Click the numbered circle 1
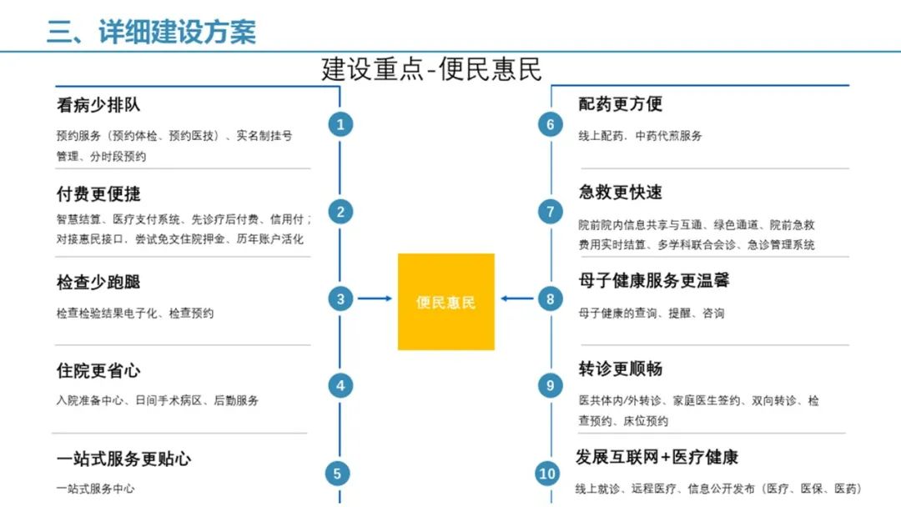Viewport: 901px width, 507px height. click(x=340, y=125)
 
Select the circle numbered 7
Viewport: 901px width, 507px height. click(x=550, y=212)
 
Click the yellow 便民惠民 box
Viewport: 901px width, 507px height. click(x=445, y=302)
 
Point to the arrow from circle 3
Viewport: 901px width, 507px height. click(x=375, y=299)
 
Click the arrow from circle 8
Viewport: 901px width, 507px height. click(x=517, y=299)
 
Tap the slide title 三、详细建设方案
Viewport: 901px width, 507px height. click(x=151, y=32)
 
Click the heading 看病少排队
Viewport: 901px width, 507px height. click(x=98, y=106)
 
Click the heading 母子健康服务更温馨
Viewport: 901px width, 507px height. click(x=654, y=281)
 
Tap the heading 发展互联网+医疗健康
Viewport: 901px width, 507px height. click(x=657, y=458)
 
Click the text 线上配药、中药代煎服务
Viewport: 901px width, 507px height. click(x=640, y=136)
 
